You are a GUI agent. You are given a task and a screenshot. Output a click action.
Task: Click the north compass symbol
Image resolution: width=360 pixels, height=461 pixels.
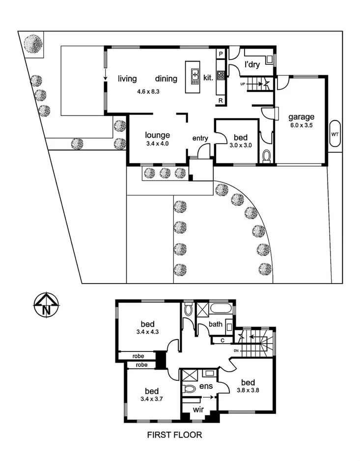pos(46,305)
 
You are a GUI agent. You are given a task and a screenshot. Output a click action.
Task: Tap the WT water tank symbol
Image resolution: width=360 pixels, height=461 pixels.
pos(335,133)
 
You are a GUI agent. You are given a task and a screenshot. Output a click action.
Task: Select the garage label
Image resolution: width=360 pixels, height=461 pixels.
pos(301,117)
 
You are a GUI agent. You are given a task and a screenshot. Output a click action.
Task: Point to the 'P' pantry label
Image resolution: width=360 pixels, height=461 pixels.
pos(221,54)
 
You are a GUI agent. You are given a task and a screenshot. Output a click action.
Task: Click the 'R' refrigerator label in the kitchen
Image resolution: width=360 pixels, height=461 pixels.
pos(221,101)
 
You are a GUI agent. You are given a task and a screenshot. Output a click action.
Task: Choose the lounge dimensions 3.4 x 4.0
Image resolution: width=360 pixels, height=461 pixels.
pos(158,144)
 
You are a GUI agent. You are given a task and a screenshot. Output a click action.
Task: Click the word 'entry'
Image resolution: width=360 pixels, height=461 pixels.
pos(200,138)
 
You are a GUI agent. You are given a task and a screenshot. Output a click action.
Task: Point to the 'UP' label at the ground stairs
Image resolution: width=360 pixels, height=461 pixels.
pos(242,84)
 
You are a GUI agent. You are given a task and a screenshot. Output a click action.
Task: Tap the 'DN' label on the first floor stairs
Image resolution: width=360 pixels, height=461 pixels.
pos(236,350)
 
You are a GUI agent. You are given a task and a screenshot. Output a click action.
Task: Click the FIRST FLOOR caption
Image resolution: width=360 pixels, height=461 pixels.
pos(175,435)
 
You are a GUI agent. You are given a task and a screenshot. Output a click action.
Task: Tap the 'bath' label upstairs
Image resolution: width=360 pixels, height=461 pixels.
pos(216,324)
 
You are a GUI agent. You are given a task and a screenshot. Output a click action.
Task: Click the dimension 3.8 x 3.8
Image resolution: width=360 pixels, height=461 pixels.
pos(248,391)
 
